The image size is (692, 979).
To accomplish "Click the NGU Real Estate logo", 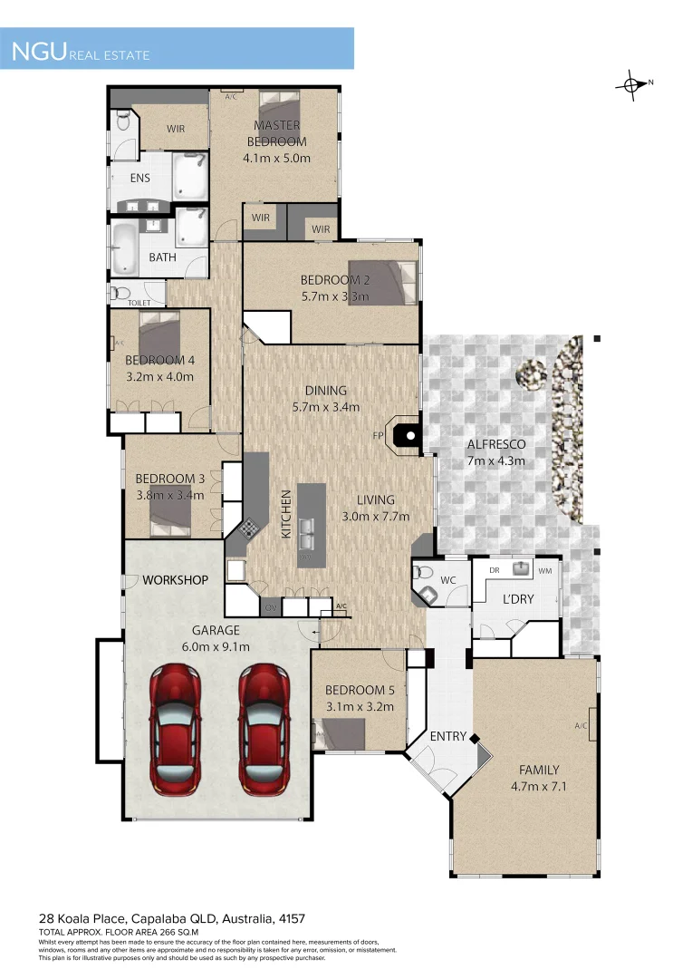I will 81,52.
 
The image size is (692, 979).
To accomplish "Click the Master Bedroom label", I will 277,133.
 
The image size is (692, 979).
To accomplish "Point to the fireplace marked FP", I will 409,436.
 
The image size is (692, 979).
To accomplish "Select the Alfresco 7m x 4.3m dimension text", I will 495,460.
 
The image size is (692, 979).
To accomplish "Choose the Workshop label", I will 175,580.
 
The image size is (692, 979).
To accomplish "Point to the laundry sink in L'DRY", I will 521,569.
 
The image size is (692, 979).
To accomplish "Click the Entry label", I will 448,736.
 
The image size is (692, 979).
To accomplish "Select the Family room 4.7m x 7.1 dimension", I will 538,786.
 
